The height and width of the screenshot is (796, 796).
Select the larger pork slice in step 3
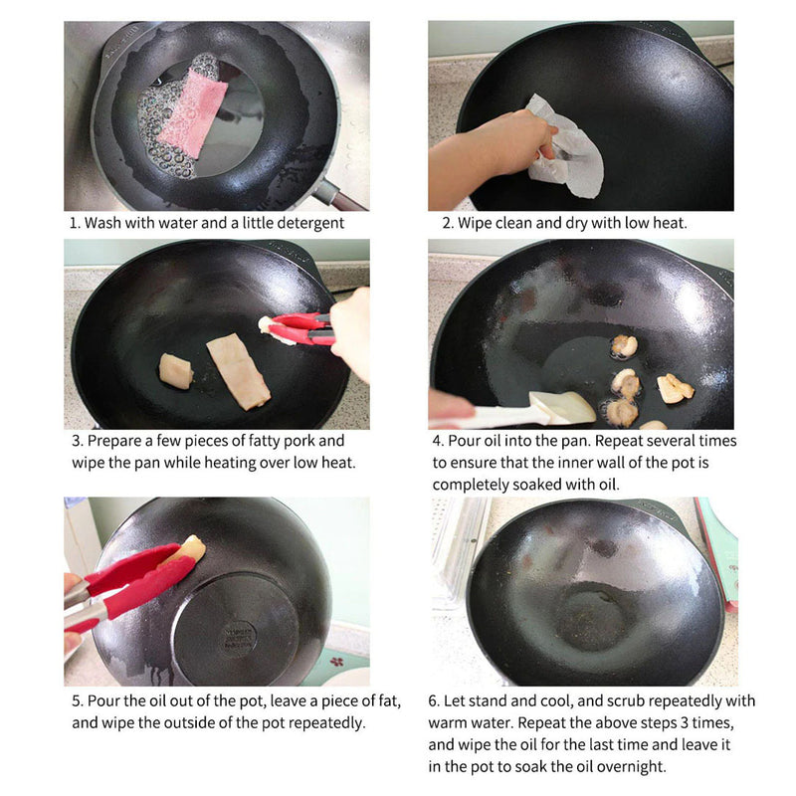(x=239, y=370)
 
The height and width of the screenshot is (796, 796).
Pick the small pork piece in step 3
(x=176, y=370)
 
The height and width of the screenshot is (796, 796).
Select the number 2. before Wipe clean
(x=449, y=223)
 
